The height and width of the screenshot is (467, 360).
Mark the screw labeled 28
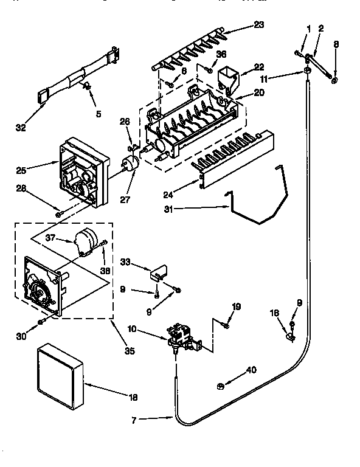[x=58, y=213]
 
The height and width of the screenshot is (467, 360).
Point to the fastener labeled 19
[x=226, y=326]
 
